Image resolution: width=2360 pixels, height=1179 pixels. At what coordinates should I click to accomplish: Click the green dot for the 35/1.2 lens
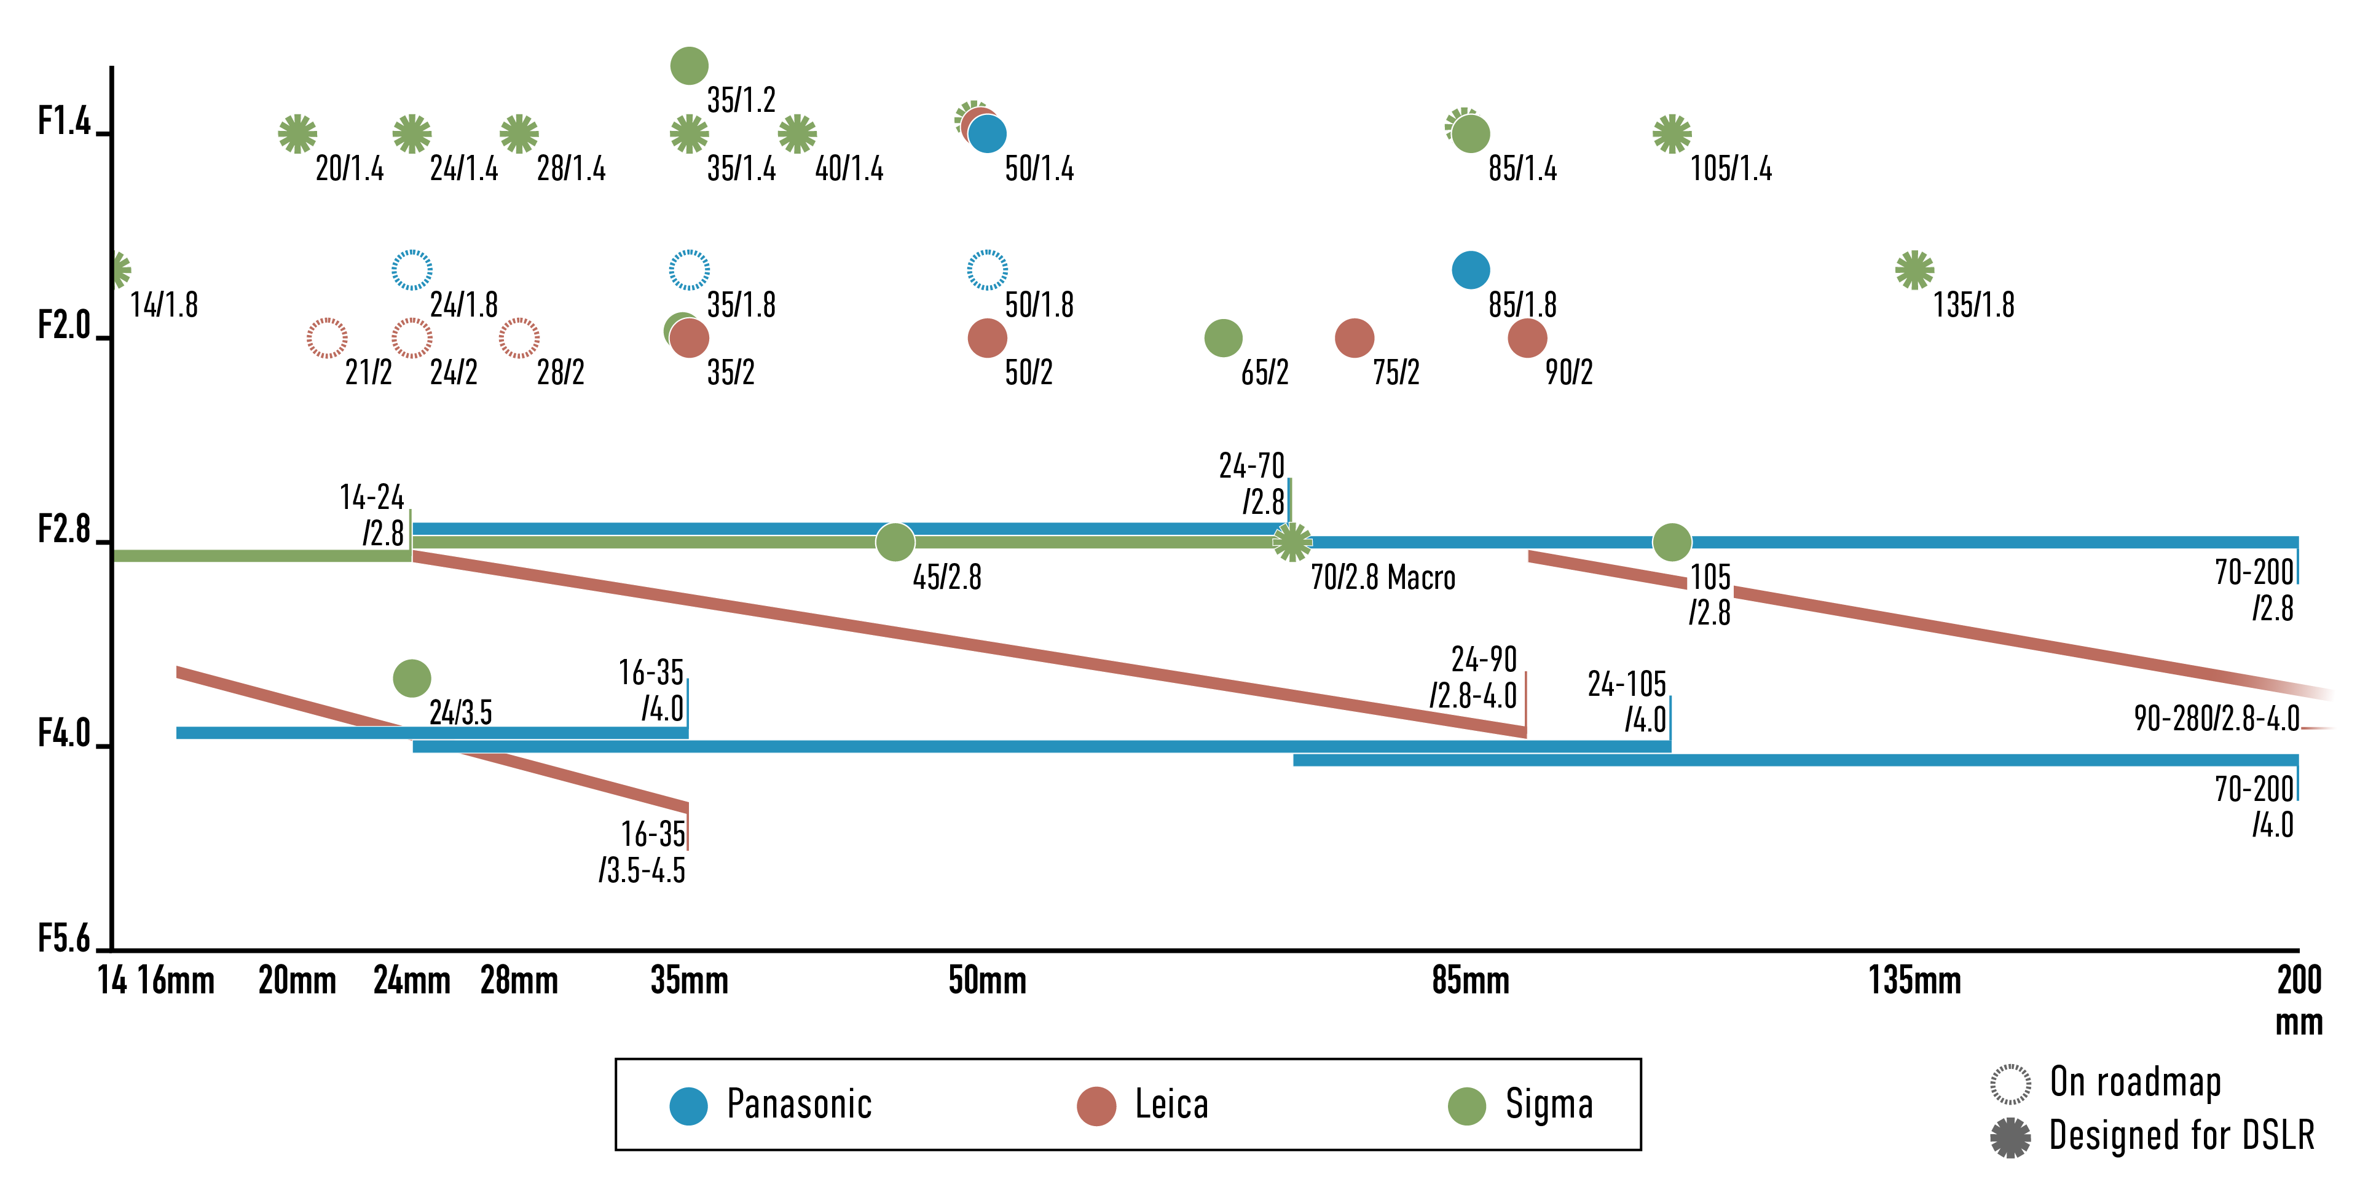pos(689,66)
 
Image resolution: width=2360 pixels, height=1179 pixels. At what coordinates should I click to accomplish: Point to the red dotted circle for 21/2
pos(327,338)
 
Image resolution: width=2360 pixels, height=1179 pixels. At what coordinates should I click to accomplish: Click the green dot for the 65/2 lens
pos(1223,338)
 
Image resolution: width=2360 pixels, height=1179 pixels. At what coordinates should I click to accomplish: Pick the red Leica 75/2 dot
pos(1354,338)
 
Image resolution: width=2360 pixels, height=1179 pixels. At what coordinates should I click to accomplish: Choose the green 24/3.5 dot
pos(411,679)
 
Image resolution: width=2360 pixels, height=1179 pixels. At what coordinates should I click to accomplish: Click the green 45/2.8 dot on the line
pos(895,542)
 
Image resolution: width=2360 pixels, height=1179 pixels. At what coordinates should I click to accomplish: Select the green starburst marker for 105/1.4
pos(1672,134)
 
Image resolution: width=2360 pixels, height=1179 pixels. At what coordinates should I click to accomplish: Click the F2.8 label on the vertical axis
pos(64,529)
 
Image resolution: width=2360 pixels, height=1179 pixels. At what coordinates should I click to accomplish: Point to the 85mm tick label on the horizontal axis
pos(1471,981)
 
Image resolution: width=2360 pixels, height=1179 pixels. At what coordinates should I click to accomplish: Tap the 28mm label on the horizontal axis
pos(519,981)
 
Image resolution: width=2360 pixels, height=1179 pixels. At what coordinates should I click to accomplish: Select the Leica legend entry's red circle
pos(1096,1106)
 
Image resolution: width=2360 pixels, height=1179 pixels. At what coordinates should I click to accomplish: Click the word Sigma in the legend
pos(1548,1104)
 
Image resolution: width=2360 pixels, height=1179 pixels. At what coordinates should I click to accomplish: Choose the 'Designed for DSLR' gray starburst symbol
pos(2010,1137)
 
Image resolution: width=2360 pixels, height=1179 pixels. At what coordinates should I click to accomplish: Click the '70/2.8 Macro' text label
pos(1382,578)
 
